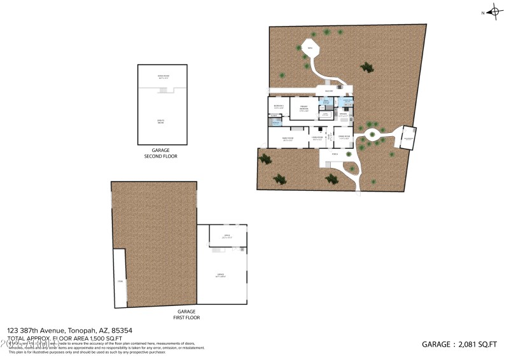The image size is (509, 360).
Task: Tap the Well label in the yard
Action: [311, 48]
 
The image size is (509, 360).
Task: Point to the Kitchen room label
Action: [343, 115]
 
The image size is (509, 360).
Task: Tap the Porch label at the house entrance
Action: [335, 154]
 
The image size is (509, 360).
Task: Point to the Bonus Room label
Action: [164, 76]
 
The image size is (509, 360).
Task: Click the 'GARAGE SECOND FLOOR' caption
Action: [164, 153]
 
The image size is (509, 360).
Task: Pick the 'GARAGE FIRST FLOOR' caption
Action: [178, 314]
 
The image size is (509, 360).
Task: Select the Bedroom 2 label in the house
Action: [278, 106]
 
